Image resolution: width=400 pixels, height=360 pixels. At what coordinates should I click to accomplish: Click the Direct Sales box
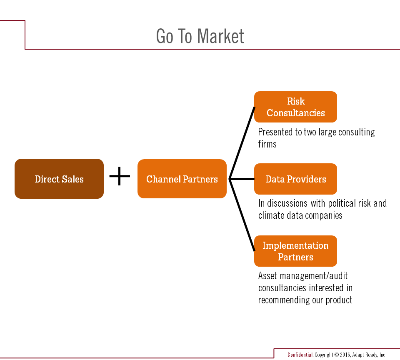click(x=59, y=179)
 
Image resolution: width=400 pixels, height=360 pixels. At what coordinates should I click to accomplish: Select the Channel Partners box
click(x=182, y=179)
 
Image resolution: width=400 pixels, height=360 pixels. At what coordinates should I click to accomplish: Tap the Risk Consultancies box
click(x=295, y=107)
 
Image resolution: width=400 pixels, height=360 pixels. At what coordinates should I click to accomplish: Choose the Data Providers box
click(x=295, y=179)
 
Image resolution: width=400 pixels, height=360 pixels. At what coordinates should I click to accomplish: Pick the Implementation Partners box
click(x=295, y=251)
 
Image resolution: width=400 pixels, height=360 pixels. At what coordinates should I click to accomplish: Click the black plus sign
click(x=120, y=176)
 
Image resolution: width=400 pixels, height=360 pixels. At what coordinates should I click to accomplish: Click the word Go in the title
click(x=165, y=36)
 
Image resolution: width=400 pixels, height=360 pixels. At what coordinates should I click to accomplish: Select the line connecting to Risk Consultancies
click(x=242, y=143)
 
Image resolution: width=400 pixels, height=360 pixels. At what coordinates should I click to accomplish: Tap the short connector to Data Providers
click(x=242, y=179)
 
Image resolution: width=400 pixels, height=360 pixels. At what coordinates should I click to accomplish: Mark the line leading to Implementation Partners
click(x=242, y=215)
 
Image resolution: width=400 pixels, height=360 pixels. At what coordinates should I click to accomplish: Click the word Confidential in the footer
click(x=300, y=355)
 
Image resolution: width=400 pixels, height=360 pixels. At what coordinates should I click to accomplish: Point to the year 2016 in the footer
click(x=345, y=355)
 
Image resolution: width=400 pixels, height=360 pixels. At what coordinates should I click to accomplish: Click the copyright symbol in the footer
click(x=337, y=355)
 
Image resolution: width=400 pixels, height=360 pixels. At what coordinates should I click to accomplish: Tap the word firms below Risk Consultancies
click(x=267, y=144)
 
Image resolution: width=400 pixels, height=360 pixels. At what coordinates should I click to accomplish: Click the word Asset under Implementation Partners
click(x=267, y=276)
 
